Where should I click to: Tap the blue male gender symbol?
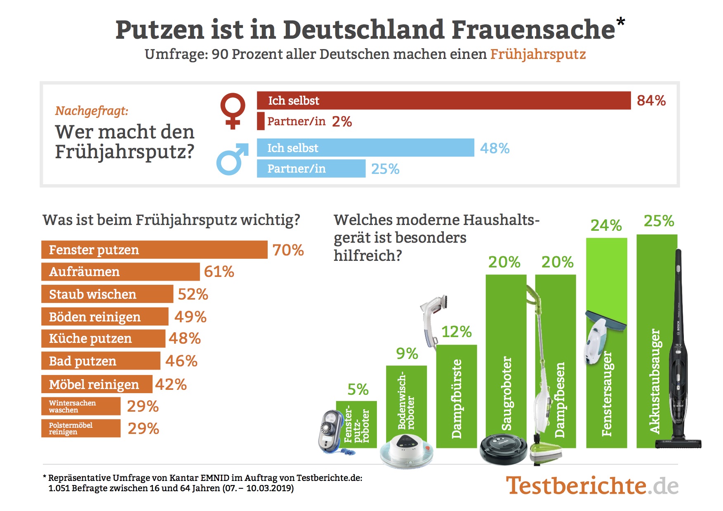[232, 159]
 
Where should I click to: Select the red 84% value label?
[651, 101]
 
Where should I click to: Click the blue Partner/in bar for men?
[311, 169]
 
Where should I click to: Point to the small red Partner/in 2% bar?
[261, 121]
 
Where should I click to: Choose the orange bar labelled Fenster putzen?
[154, 250]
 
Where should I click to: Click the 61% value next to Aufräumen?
[219, 272]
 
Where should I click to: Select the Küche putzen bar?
[103, 339]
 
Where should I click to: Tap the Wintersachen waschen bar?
[81, 406]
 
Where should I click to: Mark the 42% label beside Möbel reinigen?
[171, 384]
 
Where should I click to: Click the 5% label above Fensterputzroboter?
[358, 389]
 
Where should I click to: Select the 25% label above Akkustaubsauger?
[659, 221]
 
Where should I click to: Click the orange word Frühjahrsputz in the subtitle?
[538, 54]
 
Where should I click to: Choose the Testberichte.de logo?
[592, 485]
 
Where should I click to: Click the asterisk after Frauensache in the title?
[621, 21]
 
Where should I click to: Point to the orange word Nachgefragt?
[92, 111]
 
